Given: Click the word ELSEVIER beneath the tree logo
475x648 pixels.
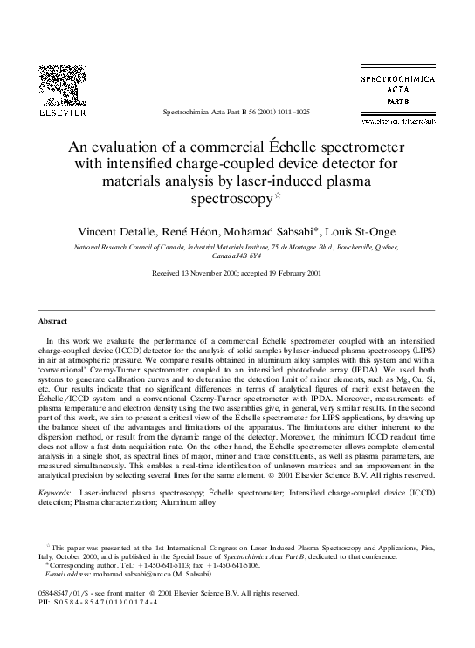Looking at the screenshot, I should click(x=64, y=113).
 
